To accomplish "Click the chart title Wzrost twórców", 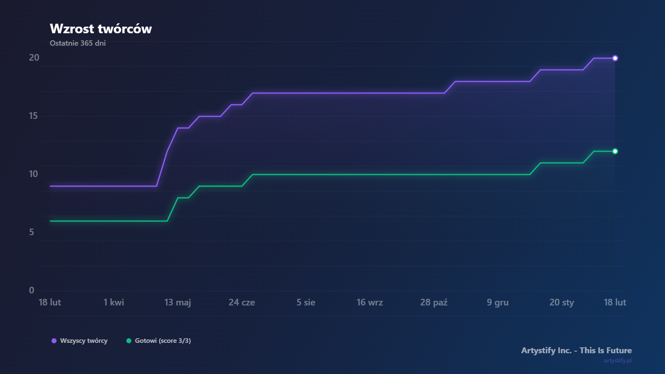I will (x=101, y=29).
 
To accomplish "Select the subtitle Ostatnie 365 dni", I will (x=78, y=43).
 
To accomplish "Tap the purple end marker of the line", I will (x=615, y=58).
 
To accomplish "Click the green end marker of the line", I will (x=615, y=151).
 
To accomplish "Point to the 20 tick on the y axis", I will (x=34, y=58).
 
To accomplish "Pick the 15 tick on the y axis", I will (x=33, y=116).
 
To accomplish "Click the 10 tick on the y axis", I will (x=33, y=174).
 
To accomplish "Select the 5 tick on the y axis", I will (x=32, y=232).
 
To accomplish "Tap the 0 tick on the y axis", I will (x=32, y=290).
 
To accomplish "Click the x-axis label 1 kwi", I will (x=114, y=303).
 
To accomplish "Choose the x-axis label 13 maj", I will (x=178, y=303).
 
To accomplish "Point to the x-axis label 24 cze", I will (x=242, y=303).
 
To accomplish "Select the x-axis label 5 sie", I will (x=306, y=303).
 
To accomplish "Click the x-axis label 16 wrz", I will (x=370, y=303).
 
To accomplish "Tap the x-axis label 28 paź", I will (x=434, y=303).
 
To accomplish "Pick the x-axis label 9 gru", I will (x=498, y=303).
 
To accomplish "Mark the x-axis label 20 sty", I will (x=562, y=303).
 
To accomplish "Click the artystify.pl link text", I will (x=618, y=360).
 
